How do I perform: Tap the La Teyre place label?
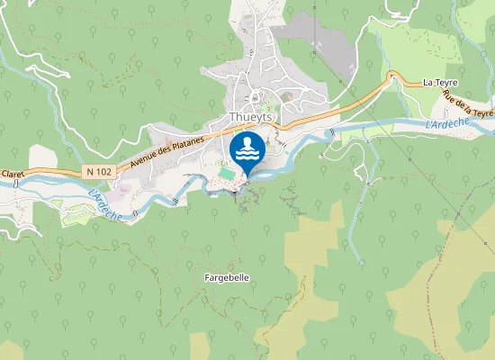(441, 83)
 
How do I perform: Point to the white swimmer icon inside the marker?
(247, 146)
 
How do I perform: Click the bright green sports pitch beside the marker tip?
(224, 170)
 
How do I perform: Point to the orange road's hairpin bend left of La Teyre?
(392, 77)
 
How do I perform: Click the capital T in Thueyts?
(233, 117)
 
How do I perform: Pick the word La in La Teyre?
(428, 83)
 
